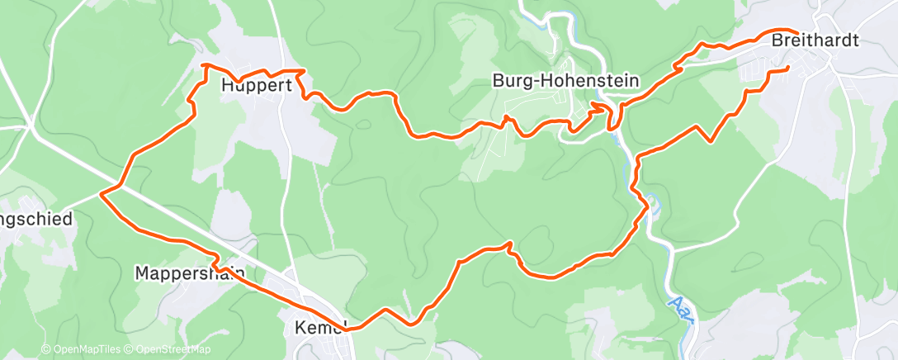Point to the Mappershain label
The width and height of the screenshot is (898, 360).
(189, 272)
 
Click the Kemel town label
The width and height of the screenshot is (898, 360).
(319, 328)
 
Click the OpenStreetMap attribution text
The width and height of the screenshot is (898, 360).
(168, 350)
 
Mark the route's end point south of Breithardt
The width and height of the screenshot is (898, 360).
(788, 67)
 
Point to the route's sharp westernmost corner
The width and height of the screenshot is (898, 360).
(101, 194)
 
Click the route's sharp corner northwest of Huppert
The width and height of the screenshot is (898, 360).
(204, 64)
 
